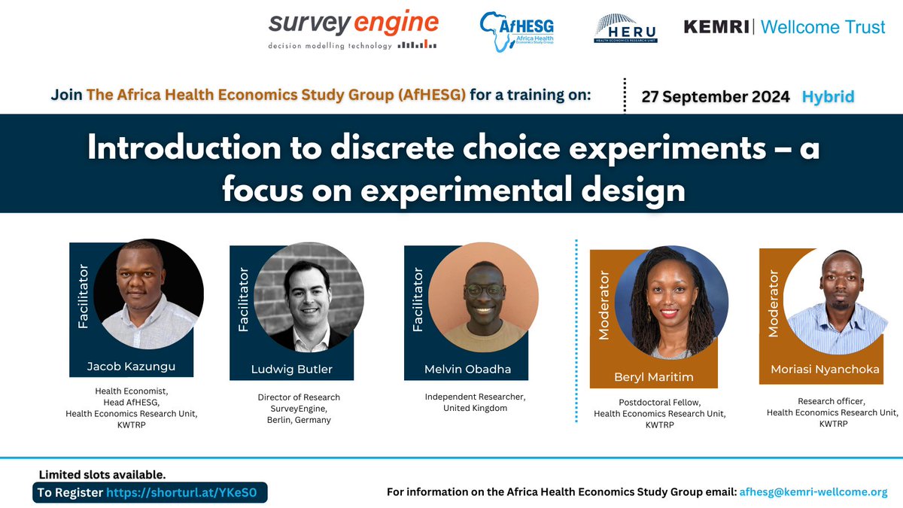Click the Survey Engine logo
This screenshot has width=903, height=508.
click(353, 30)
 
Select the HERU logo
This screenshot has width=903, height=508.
click(625, 28)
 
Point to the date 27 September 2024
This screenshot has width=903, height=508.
click(716, 96)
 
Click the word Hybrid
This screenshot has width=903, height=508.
click(828, 96)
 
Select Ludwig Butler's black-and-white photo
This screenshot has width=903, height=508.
click(309, 296)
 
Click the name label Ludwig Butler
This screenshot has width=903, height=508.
click(291, 369)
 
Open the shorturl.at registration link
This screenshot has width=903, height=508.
click(185, 492)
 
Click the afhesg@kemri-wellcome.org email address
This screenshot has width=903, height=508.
click(813, 492)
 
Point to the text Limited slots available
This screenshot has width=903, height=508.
click(102, 474)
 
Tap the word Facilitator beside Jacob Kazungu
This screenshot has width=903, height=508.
click(84, 297)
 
